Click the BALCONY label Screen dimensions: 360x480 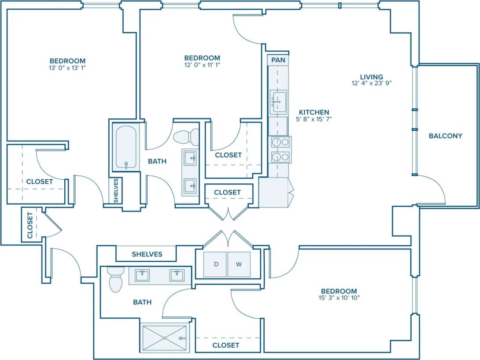[445, 136]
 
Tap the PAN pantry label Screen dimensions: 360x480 [278, 59]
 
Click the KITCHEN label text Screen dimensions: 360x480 [314, 112]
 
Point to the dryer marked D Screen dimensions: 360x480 [216, 264]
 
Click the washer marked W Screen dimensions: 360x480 [239, 264]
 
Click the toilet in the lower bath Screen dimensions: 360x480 [115, 280]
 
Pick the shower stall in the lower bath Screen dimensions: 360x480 [164, 338]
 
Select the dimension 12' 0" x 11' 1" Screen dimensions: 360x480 [202, 65]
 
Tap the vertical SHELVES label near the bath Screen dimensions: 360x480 [116, 191]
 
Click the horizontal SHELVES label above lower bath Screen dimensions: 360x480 [147, 254]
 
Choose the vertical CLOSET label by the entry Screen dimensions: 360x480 [30, 226]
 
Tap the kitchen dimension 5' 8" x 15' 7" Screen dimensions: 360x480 [314, 119]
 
